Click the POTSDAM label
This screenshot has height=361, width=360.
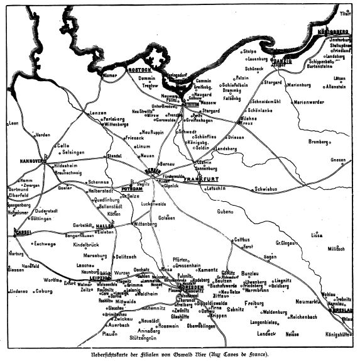[x=132, y=188]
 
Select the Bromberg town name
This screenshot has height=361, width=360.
[x=319, y=142]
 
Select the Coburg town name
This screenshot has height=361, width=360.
[x=43, y=291]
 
